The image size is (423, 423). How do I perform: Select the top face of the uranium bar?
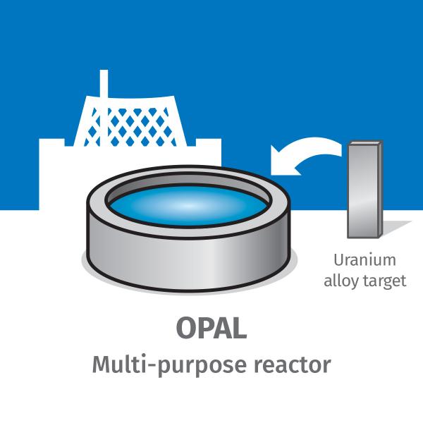pos(365,144)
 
